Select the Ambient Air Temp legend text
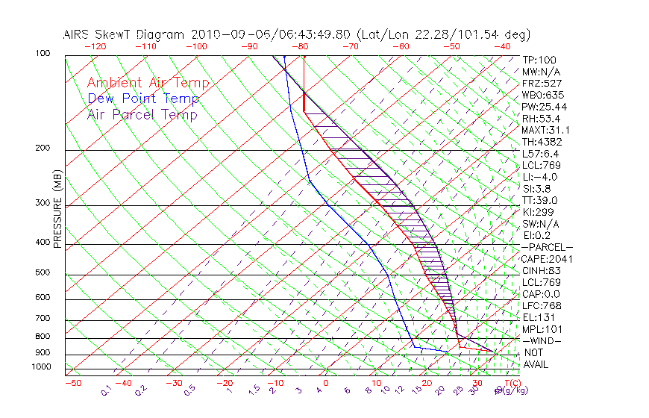pos(148,83)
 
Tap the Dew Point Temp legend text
pos(143,99)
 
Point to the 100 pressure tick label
pos(42,54)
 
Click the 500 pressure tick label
pos(42,273)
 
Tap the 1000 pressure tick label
pos(40,366)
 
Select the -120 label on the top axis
pos(94,46)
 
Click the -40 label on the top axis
pos(502,46)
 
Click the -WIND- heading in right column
pos(542,341)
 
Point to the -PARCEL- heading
pos(548,247)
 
